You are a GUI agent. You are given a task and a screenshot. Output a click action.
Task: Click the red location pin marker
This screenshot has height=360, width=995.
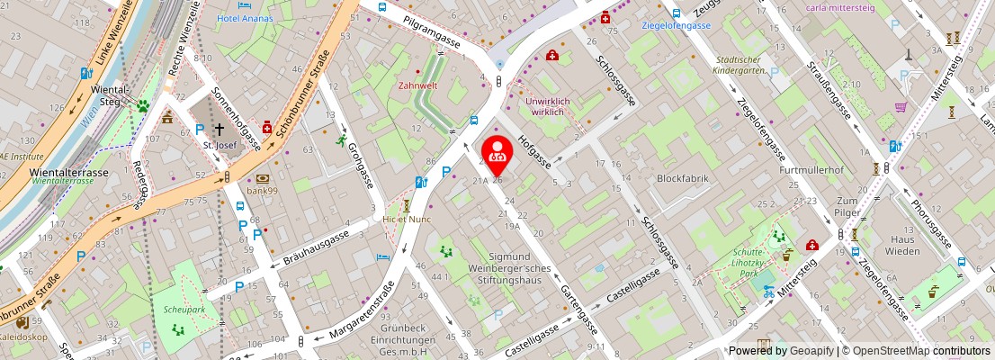497,150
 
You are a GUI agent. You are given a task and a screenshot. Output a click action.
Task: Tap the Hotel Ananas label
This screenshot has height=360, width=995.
245,16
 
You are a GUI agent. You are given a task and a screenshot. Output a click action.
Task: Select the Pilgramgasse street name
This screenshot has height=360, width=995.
432,31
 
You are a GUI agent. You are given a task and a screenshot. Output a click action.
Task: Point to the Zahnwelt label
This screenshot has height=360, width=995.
418,87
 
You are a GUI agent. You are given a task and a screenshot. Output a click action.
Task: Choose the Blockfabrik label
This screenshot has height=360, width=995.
683,178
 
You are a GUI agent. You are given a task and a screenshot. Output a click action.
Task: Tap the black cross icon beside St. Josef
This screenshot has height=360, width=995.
219,130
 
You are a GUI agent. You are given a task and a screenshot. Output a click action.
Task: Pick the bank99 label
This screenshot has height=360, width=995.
262,191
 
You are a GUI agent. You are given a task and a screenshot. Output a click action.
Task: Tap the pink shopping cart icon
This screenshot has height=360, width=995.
901,106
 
